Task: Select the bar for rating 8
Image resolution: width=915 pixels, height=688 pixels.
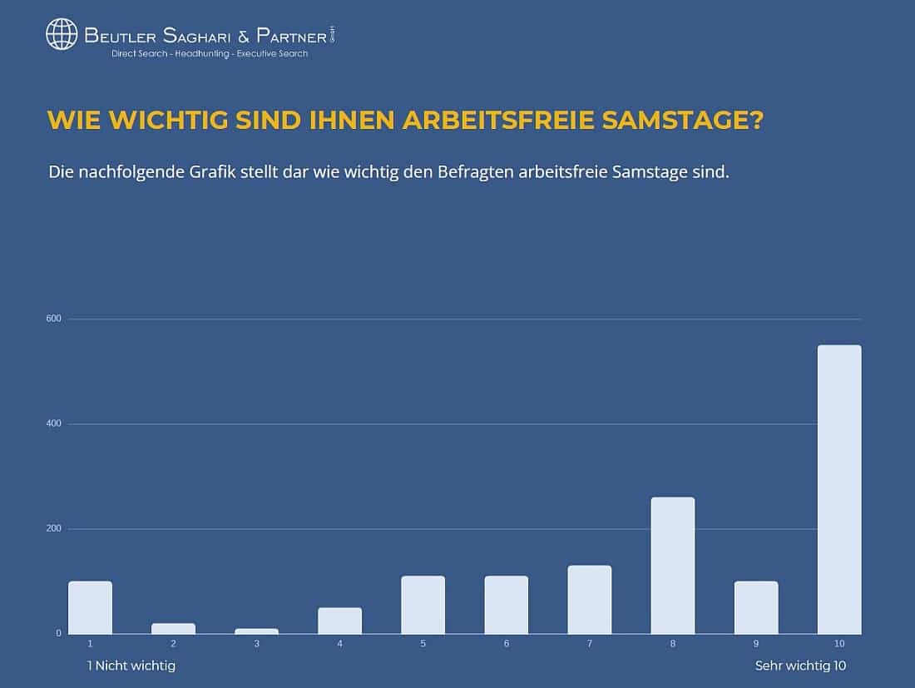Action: tap(672, 566)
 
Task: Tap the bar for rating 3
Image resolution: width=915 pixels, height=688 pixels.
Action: tap(256, 631)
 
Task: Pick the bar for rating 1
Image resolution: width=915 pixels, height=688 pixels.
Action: tap(90, 607)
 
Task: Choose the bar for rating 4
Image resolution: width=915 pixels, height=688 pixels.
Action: tap(339, 621)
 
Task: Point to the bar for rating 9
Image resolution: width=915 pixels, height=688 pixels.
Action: tap(755, 607)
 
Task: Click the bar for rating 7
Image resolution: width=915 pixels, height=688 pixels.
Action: tap(589, 600)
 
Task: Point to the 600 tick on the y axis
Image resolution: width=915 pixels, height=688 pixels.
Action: tap(54, 319)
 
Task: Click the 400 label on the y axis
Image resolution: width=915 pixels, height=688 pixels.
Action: tap(54, 423)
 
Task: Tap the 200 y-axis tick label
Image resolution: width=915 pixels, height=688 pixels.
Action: tap(54, 528)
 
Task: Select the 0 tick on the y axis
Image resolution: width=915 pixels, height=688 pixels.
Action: tap(58, 634)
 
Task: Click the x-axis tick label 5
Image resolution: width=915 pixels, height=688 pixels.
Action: tap(423, 643)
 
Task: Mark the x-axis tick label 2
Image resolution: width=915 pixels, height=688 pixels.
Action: tap(173, 643)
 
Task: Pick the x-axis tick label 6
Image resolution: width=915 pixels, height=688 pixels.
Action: tap(506, 643)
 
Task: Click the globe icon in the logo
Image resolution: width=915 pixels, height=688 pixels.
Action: tap(62, 34)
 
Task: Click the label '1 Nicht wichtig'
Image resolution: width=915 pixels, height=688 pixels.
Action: tap(131, 666)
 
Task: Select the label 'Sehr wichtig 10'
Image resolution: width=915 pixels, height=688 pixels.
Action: tap(800, 666)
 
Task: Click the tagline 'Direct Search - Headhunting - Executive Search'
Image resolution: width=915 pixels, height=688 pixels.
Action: tap(210, 53)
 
